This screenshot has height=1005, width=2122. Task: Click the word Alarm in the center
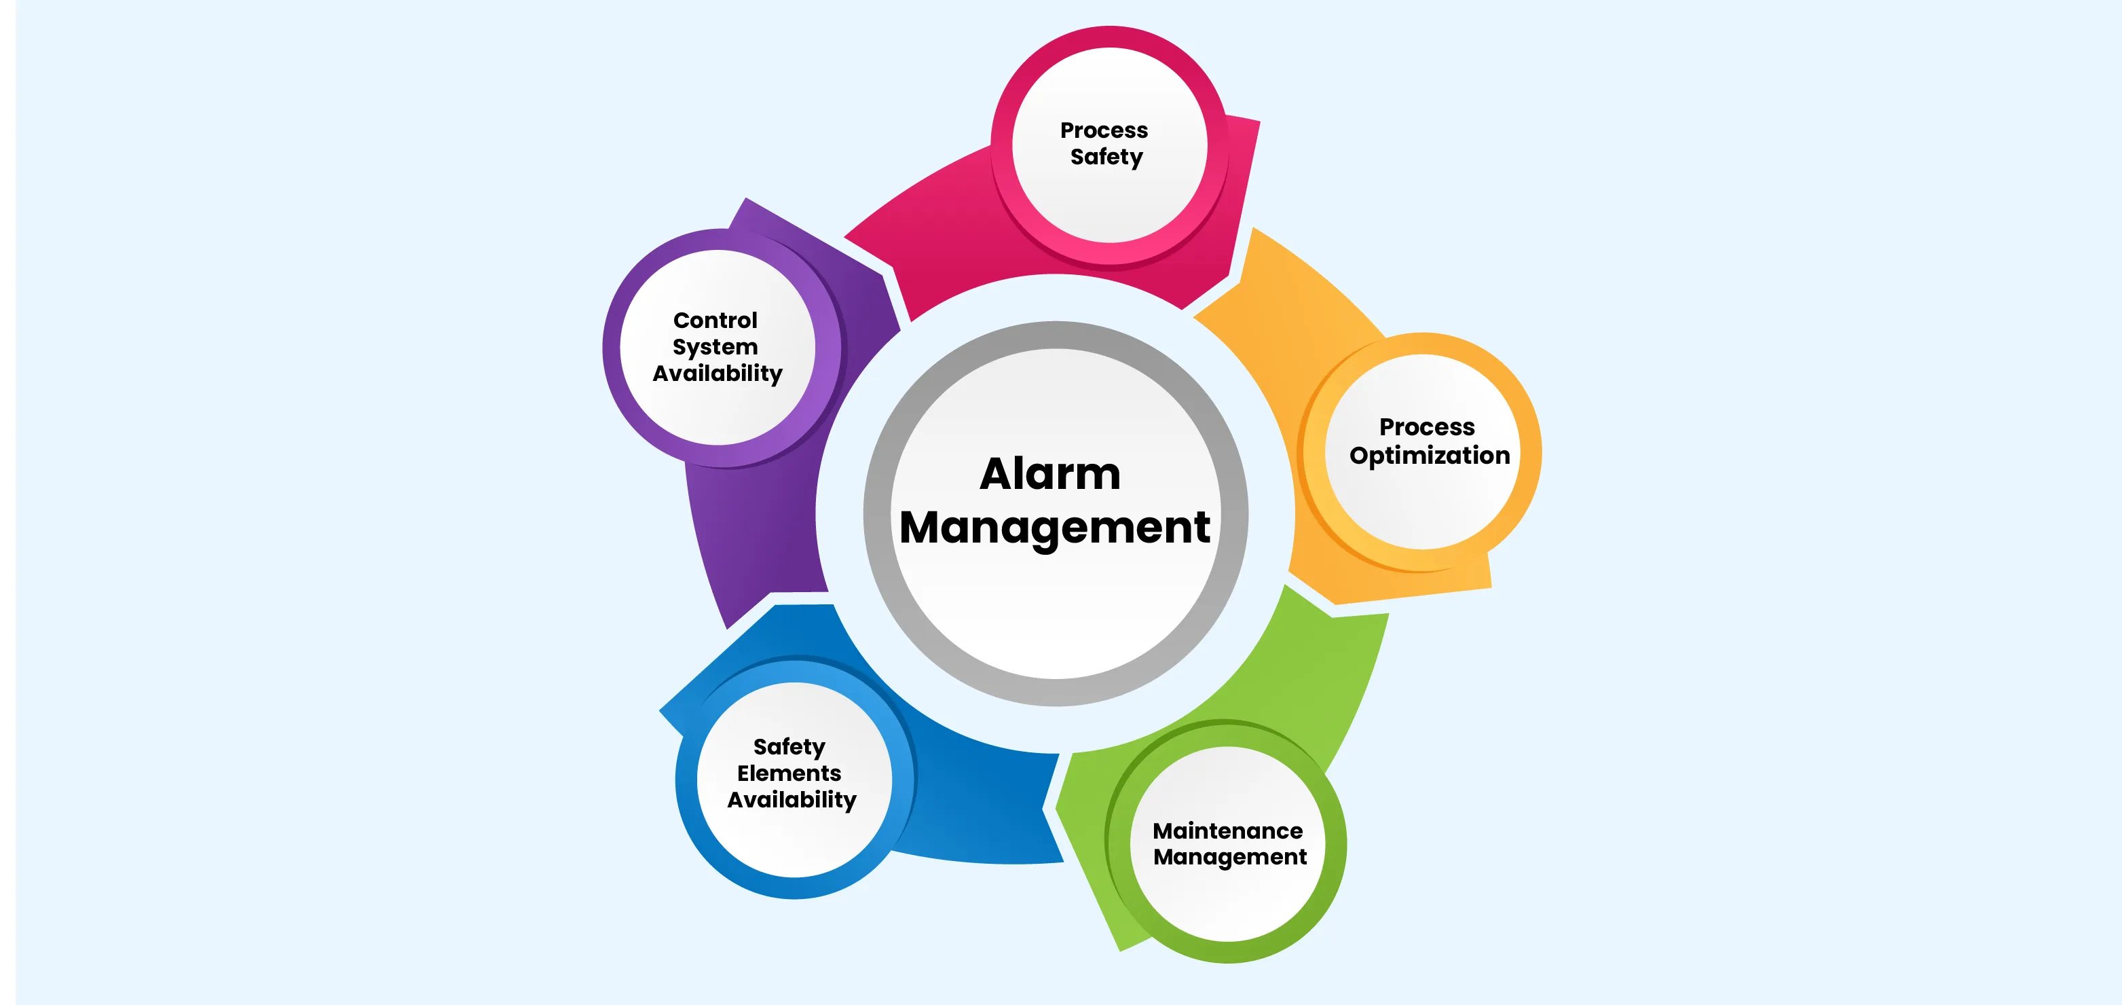1050,474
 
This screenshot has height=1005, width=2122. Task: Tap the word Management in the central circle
1054,528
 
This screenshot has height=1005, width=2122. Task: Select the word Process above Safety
1104,130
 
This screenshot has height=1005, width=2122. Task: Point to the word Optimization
1429,456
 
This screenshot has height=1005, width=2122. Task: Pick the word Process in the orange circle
1427,426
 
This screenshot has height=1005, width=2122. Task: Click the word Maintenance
1227,830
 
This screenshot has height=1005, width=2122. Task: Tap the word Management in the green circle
1230,858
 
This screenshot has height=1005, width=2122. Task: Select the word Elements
789,773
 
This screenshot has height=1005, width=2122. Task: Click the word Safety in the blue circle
789,747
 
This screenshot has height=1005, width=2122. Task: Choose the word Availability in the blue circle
792,800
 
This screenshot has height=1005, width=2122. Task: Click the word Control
715,320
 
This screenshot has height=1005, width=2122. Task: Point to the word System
715,348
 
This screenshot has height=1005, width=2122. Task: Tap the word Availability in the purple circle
718,374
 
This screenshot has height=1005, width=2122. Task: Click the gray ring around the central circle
1056,335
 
